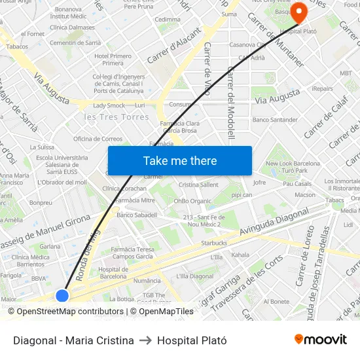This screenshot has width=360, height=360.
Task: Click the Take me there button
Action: pyautogui.click(x=179, y=160)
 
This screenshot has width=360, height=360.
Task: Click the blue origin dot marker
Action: pyautogui.click(x=62, y=295)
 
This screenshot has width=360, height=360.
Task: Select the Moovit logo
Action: pyautogui.click(x=320, y=340)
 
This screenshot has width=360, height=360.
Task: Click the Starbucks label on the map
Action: pyautogui.click(x=214, y=243)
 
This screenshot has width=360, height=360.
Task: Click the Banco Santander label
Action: pyautogui.click(x=275, y=120)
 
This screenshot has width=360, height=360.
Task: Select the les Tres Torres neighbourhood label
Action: pyautogui.click(x=117, y=117)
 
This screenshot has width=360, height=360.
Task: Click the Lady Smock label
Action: pyautogui.click(x=109, y=105)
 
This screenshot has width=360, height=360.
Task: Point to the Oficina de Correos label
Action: pyautogui.click(x=98, y=139)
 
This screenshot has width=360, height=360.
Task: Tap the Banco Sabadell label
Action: pyautogui.click(x=137, y=215)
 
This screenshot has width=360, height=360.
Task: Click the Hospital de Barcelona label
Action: pyautogui.click(x=112, y=273)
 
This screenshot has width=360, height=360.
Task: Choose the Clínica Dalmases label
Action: pyautogui.click(x=72, y=27)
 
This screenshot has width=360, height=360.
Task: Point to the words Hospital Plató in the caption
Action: pyautogui.click(x=192, y=340)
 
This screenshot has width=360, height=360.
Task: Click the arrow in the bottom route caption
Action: pyautogui.click(x=145, y=340)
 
